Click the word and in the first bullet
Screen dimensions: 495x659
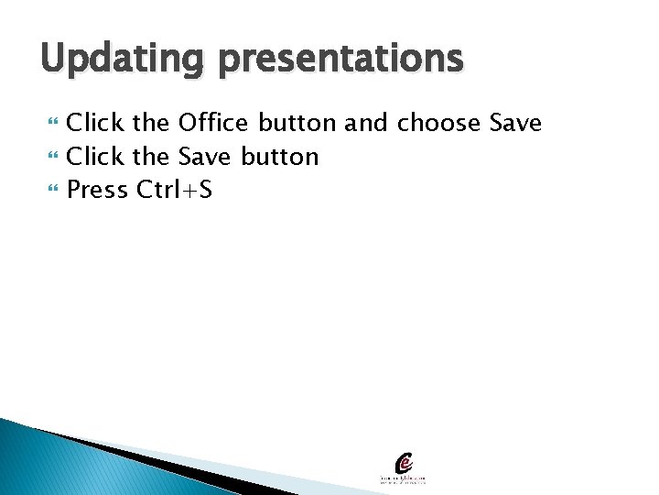click(367, 123)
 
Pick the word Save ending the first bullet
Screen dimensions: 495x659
click(516, 123)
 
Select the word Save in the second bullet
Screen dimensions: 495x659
click(206, 157)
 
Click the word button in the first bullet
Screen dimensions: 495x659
click(297, 123)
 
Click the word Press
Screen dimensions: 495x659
click(97, 191)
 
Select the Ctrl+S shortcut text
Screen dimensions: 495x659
click(174, 191)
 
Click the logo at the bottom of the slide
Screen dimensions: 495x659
click(404, 468)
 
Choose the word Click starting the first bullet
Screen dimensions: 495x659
click(95, 123)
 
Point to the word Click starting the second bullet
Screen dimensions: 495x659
click(95, 157)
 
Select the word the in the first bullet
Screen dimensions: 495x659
click(151, 123)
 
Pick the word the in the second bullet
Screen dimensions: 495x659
click(151, 157)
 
